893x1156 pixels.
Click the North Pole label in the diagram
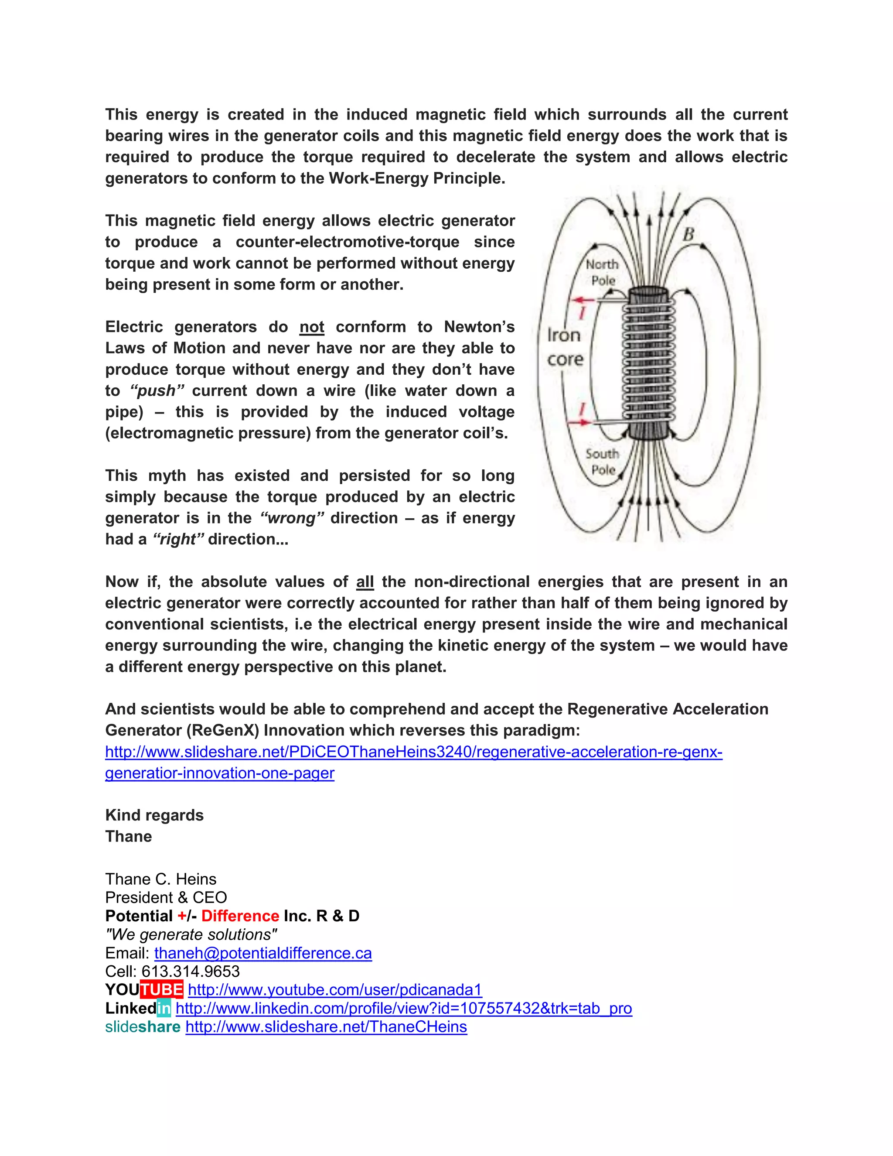pos(603,272)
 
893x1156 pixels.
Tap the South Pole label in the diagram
pos(603,462)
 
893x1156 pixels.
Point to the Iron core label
pos(565,347)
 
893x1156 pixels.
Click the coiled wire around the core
pos(648,360)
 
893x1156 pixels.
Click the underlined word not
pos(312,327)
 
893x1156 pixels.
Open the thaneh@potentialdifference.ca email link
pos(263,953)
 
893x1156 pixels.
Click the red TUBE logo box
pos(162,989)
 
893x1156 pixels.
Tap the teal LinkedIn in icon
pos(164,1008)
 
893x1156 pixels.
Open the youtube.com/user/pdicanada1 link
pos(335,989)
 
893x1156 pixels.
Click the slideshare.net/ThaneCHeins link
pos(326,1026)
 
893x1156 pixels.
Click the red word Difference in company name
pos(240,916)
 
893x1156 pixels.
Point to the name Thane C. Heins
pos(161,879)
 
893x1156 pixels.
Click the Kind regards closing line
pos(154,815)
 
